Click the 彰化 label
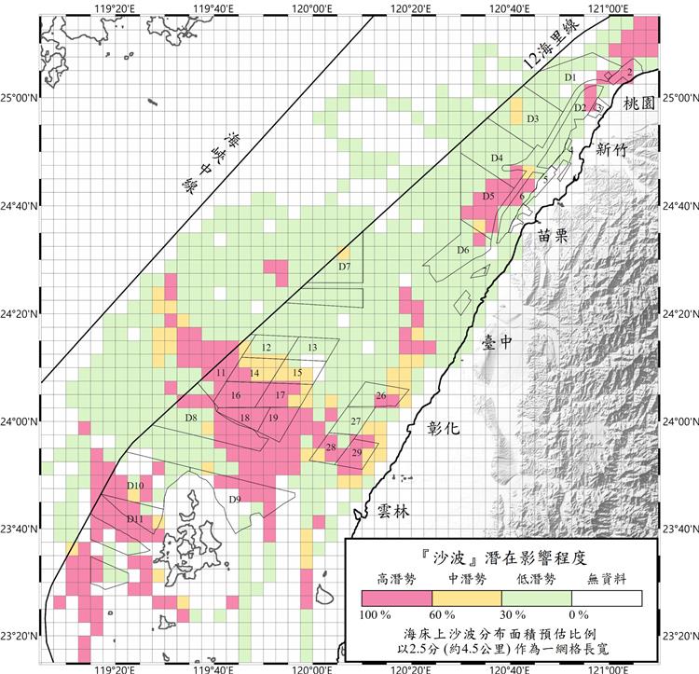tap(445, 430)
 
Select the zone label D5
tap(488, 197)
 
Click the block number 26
tap(380, 396)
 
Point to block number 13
tap(311, 348)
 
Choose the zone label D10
tap(133, 487)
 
